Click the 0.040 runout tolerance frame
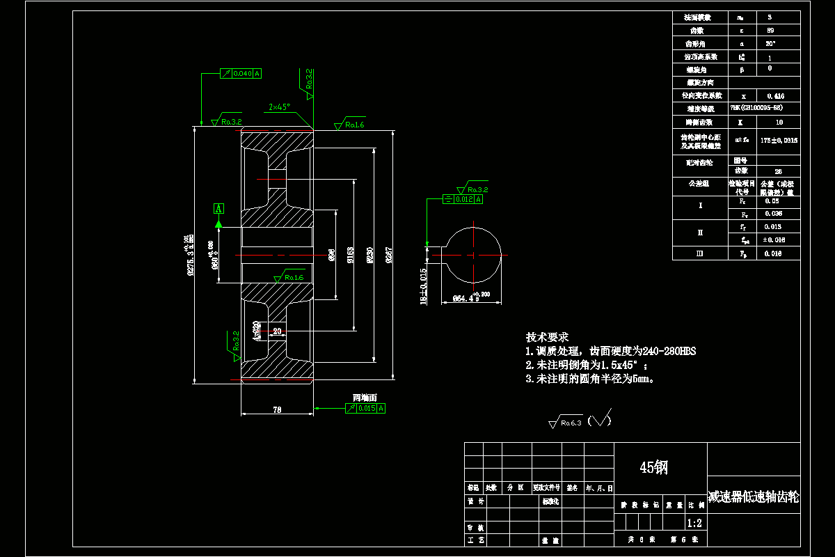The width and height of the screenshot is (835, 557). pos(241,73)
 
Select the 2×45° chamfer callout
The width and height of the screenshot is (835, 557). pos(279,107)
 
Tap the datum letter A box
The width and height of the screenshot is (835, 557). pos(218,208)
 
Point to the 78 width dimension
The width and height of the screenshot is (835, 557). pos(277,411)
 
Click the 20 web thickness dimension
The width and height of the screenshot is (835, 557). pos(277,331)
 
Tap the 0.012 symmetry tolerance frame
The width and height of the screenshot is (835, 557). pos(463,200)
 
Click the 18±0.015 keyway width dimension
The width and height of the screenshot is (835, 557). pos(424,287)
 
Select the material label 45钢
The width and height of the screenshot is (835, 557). pos(653,468)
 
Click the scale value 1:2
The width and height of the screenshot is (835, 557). pos(694,523)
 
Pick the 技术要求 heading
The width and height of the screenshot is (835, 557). pos(547,337)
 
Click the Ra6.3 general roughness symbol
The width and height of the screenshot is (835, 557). pos(566,421)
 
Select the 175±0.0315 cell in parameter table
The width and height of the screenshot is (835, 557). pos(779,140)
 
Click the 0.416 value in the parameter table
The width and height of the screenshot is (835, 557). pos(779,95)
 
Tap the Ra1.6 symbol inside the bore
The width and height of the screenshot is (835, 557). pos(289,278)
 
